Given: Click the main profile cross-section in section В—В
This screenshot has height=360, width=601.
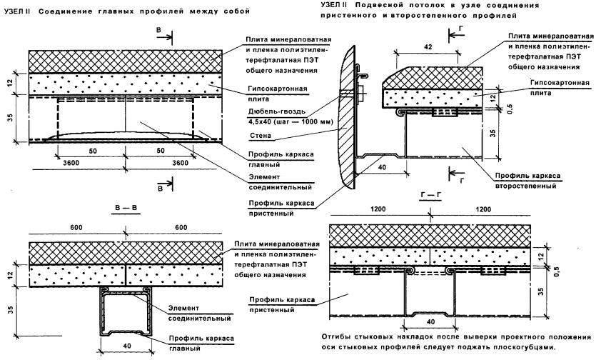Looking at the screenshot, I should [125, 307].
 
